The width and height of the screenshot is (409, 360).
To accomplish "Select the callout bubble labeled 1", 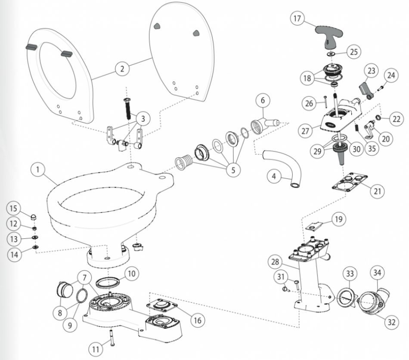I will pyautogui.click(x=38, y=170).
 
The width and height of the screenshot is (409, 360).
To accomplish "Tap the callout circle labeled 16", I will pyautogui.click(x=197, y=320).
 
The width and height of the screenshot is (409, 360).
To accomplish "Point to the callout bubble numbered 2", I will pyautogui.click(x=122, y=68).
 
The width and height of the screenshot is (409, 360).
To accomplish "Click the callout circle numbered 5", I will pyautogui.click(x=233, y=170).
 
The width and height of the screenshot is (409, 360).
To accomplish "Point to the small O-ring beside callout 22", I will pyautogui.click(x=377, y=118).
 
